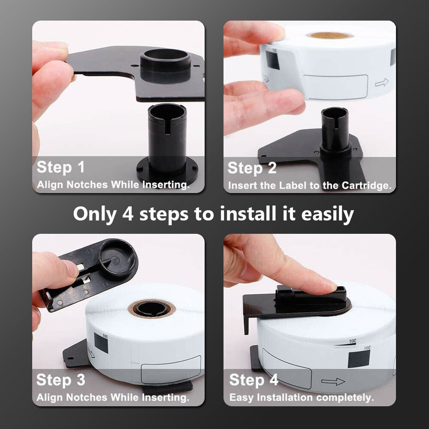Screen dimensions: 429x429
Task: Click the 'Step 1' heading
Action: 60,167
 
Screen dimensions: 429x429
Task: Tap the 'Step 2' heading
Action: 252,168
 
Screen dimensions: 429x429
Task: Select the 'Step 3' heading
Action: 60,380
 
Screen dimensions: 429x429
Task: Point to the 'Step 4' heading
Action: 254,380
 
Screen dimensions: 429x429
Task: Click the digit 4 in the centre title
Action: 128,214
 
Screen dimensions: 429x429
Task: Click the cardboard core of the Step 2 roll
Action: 330,35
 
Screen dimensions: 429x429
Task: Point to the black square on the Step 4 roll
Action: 359,359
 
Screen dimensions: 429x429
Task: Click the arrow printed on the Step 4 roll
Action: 333,382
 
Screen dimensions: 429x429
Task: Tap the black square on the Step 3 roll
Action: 101,343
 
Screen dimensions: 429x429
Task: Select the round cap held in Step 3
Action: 118,257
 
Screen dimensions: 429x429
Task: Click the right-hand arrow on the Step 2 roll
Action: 382,82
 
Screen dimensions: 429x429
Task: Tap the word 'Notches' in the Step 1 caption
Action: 87,185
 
